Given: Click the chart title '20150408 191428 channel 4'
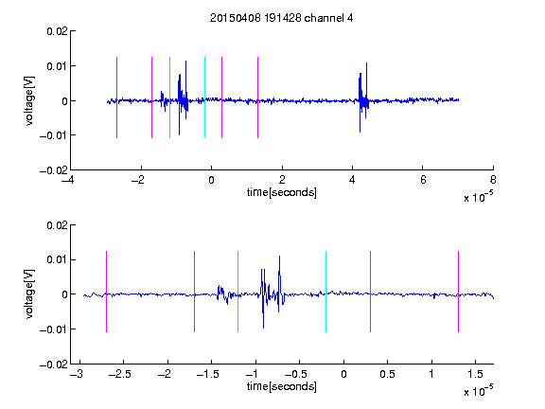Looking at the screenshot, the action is click(281, 18).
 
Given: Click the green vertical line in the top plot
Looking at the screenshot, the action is click(169, 98).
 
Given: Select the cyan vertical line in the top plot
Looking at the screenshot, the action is click(204, 98).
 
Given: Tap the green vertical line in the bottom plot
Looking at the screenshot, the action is click(237, 292).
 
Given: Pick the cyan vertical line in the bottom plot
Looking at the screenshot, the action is click(325, 292).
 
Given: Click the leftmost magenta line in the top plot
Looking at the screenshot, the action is click(116, 98).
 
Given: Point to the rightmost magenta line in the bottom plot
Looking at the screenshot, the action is click(458, 292).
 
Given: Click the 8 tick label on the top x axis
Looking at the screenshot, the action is click(493, 180).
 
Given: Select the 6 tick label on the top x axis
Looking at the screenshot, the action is click(423, 180).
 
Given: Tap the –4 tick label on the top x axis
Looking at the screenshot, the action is click(67, 180).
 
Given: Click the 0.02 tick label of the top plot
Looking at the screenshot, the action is click(57, 31).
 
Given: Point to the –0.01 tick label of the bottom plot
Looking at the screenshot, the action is click(54, 329).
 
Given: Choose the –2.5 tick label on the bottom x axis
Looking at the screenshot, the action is click(118, 374).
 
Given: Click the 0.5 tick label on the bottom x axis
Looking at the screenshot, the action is click(387, 374).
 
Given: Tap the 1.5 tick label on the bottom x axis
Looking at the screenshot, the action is click(475, 374).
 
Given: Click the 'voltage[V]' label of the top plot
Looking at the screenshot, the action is click(30, 101).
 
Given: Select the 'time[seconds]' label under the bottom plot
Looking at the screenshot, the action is click(282, 386).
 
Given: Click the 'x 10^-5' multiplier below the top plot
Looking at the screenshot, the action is click(478, 196).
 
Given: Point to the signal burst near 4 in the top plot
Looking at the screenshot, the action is click(363, 98).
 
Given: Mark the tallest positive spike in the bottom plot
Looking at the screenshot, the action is click(279, 257).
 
